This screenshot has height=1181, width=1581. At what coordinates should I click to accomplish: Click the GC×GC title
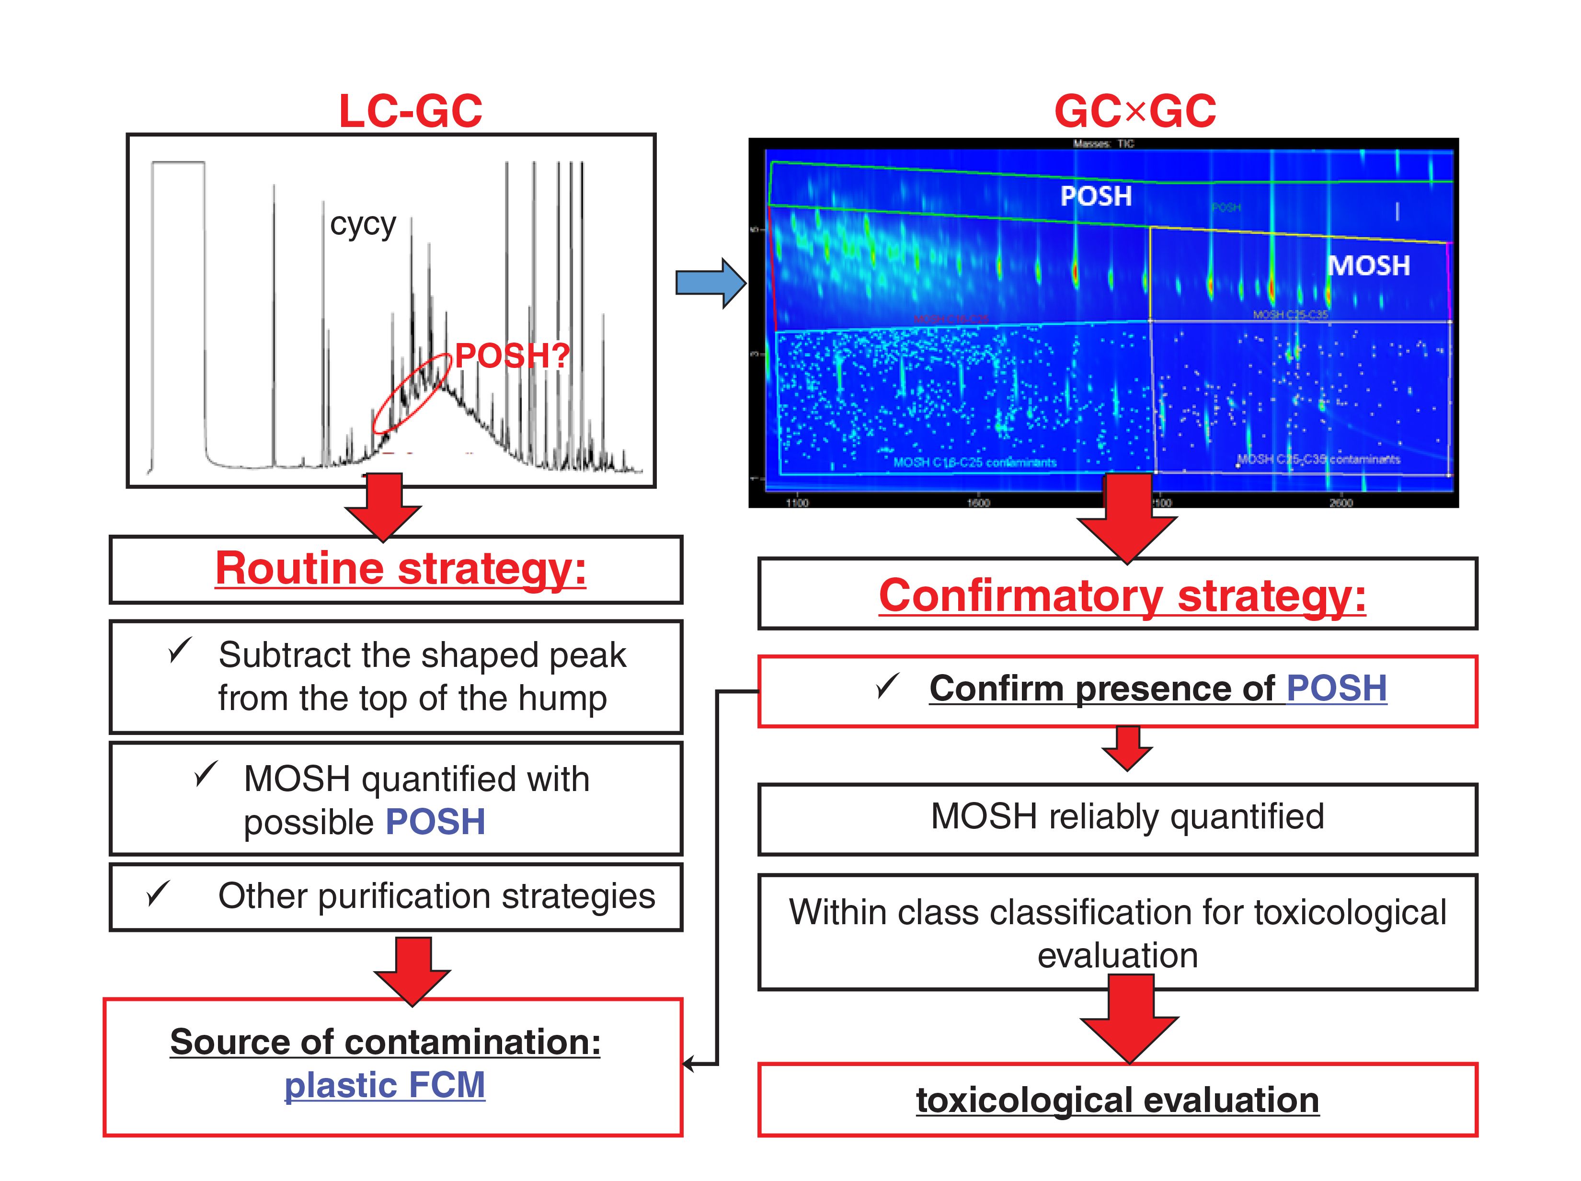click(x=1134, y=112)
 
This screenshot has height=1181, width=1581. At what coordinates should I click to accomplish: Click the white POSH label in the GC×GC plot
click(x=1095, y=196)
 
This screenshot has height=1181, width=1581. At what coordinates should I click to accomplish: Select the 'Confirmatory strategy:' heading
click(x=1122, y=596)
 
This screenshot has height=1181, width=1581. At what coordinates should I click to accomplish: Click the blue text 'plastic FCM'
click(x=385, y=1085)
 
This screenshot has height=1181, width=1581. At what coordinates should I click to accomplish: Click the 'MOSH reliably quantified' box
click(x=1117, y=818)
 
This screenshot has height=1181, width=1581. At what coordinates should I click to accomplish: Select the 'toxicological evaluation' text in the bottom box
click(x=1117, y=1100)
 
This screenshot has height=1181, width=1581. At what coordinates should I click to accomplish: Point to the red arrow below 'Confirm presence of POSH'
click(x=1126, y=748)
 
